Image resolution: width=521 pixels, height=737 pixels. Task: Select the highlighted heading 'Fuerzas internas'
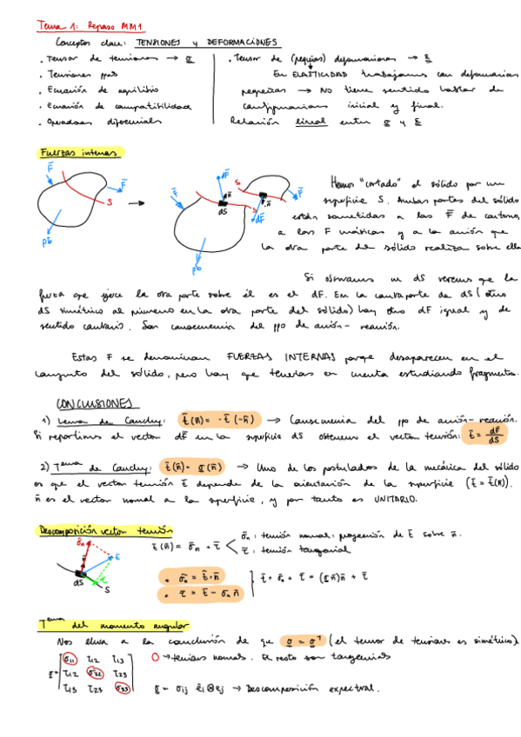(x=81, y=152)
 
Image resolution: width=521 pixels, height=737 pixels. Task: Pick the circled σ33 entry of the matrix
(x=125, y=688)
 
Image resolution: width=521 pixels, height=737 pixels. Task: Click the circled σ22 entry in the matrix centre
(x=97, y=674)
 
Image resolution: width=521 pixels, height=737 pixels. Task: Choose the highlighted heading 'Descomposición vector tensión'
(x=104, y=529)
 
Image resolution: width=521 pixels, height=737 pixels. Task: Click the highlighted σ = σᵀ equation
(x=307, y=641)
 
